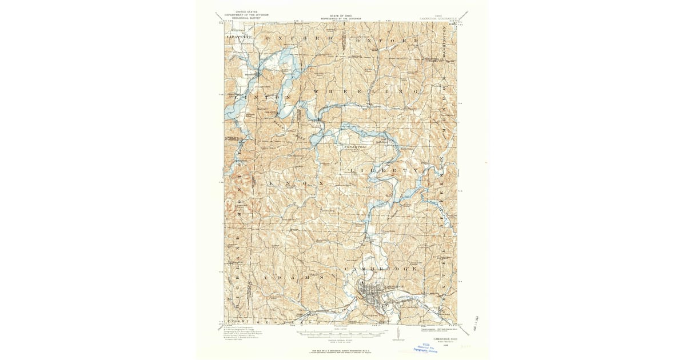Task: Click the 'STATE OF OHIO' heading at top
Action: [x=342, y=16]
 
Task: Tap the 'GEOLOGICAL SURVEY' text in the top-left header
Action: [x=242, y=18]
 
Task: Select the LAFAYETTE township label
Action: [x=239, y=37]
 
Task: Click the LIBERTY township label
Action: [x=378, y=170]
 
